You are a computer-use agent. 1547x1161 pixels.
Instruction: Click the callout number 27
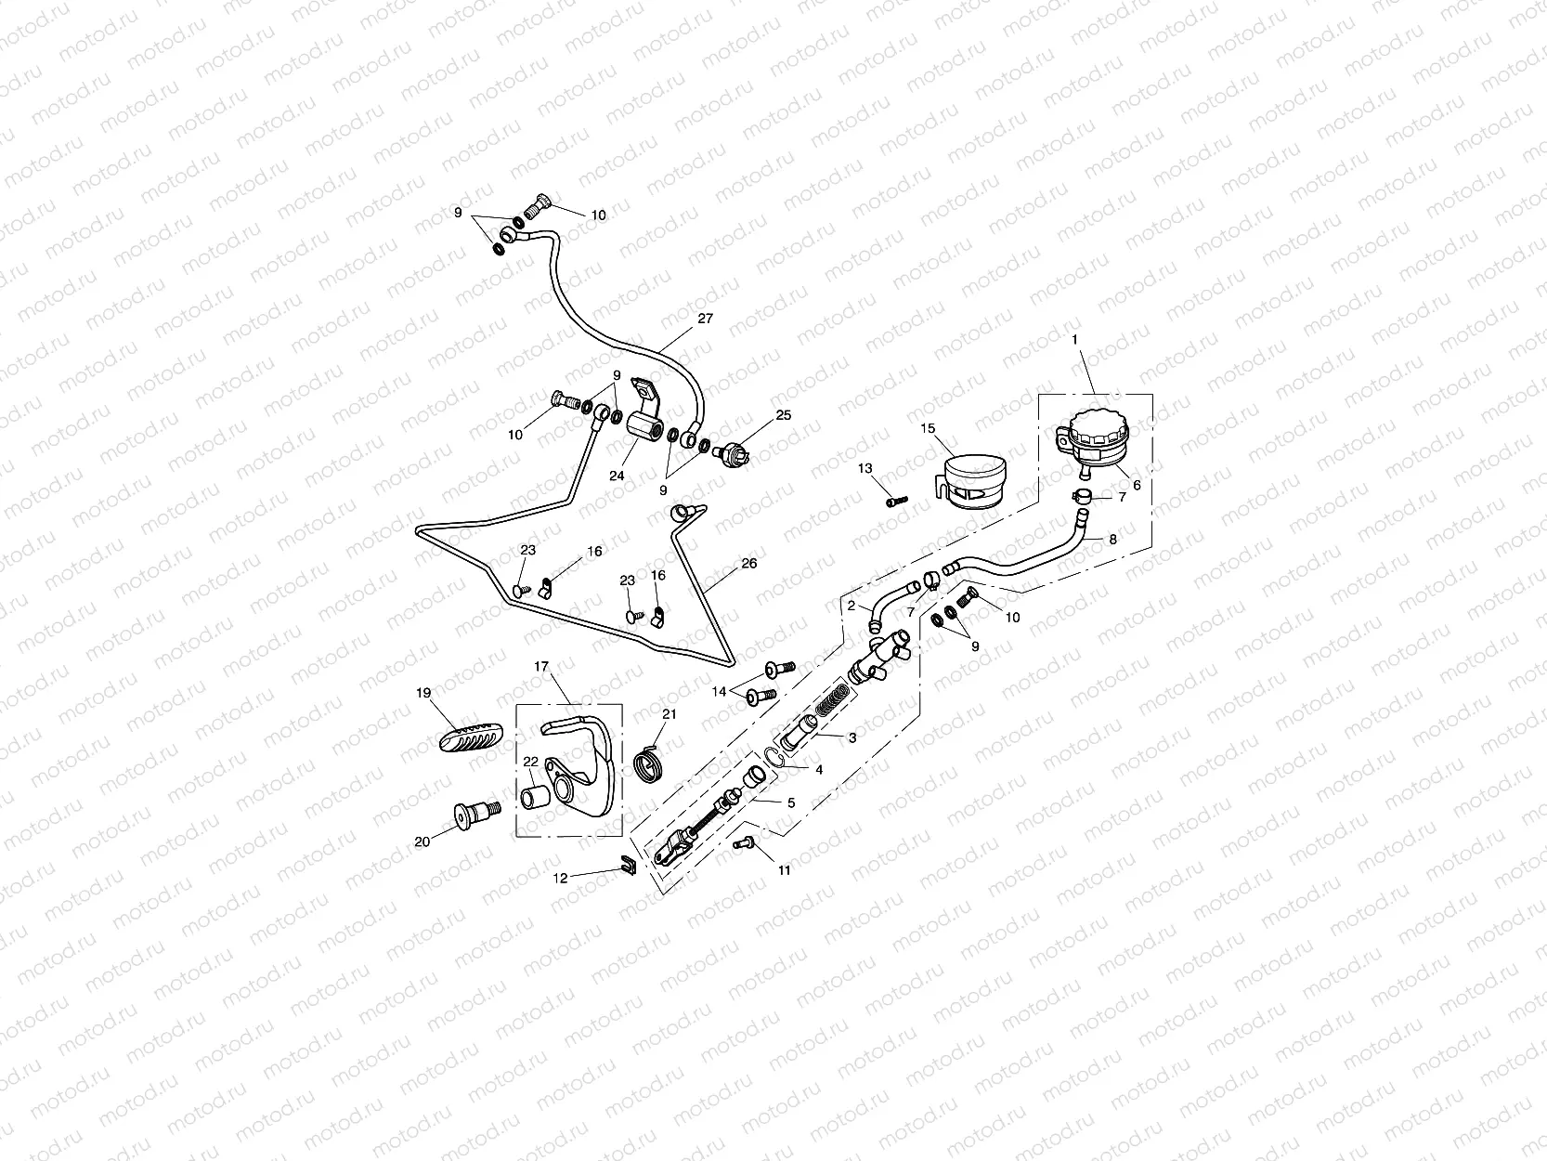705,318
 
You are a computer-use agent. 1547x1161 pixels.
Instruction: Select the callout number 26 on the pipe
748,563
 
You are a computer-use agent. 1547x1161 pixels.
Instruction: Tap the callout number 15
927,429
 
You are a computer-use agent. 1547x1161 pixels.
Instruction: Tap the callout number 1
1074,340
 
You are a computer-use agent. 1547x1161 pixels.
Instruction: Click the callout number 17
542,666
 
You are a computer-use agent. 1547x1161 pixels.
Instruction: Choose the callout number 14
719,691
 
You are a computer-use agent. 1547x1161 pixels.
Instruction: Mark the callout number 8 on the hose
1113,539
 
